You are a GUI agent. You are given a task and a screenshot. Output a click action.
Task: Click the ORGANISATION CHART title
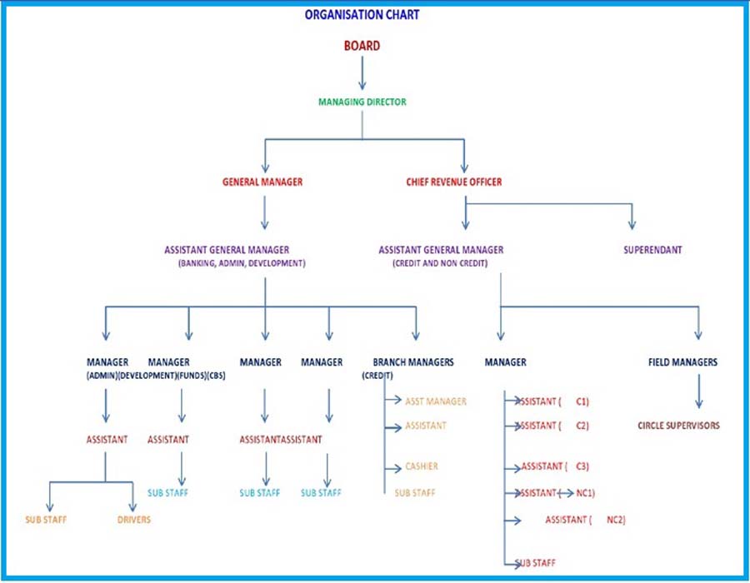click(362, 15)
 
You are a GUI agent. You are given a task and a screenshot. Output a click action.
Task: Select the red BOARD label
click(362, 46)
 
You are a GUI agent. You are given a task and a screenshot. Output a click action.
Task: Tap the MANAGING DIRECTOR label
click(362, 102)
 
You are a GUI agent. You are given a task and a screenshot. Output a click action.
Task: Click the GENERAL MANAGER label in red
click(262, 182)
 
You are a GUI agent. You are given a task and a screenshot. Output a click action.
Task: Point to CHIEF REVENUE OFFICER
click(454, 182)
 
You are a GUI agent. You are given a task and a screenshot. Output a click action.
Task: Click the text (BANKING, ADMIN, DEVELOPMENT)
click(241, 263)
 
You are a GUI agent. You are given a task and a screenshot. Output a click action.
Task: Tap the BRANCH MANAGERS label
click(413, 362)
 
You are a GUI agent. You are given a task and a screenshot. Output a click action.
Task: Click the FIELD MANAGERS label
click(682, 362)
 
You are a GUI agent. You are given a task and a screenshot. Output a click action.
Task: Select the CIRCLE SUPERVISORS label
click(678, 426)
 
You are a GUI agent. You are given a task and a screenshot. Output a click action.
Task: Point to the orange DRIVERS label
click(133, 520)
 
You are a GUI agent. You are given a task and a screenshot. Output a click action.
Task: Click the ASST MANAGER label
click(436, 401)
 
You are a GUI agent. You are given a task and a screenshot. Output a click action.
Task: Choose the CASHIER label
click(422, 466)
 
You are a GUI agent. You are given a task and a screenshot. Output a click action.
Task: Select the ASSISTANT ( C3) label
click(554, 466)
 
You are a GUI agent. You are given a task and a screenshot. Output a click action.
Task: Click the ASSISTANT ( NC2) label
click(585, 520)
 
